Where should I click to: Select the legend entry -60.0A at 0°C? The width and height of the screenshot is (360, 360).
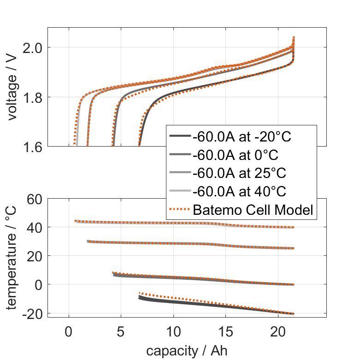(x=235, y=154)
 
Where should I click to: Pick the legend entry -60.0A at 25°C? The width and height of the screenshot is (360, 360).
(x=238, y=173)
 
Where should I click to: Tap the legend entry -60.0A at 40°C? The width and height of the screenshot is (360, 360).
(x=238, y=191)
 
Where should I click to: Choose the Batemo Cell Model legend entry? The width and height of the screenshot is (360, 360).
(x=253, y=210)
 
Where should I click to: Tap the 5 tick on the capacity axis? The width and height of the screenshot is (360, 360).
(x=121, y=331)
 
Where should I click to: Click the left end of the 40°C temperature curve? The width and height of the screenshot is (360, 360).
(x=76, y=221)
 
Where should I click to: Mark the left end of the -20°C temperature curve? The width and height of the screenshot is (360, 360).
(x=140, y=297)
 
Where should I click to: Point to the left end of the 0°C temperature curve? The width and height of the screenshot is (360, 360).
(x=113, y=274)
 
